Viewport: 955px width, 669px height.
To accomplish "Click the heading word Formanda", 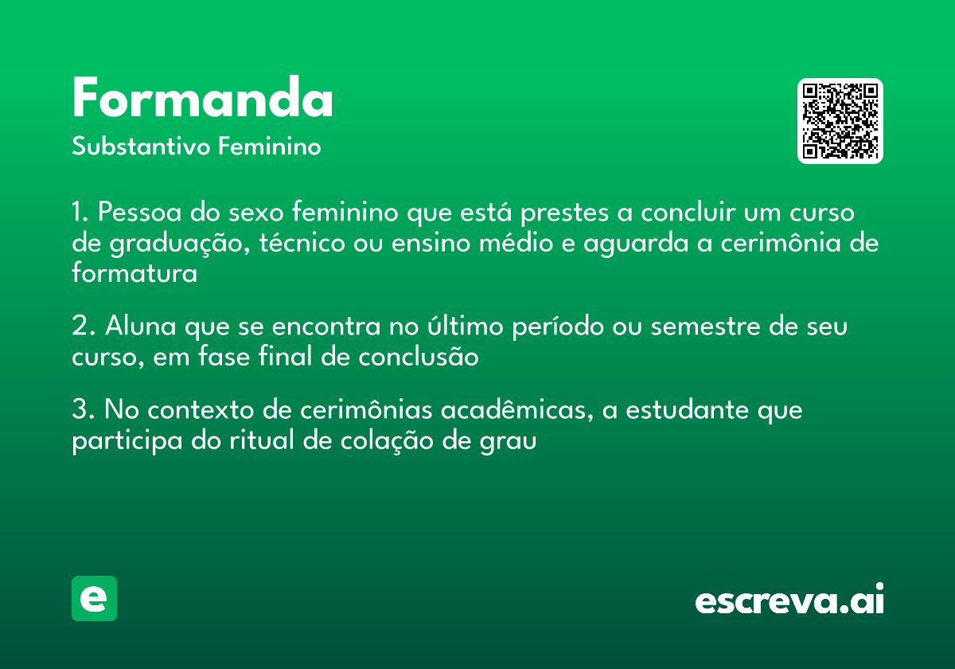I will point(202,99).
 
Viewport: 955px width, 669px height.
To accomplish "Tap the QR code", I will point(840,121).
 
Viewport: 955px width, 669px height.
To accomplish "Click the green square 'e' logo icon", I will point(94,598).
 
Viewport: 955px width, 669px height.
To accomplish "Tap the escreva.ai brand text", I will point(789,601).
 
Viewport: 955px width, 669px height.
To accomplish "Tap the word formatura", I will point(134,273).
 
